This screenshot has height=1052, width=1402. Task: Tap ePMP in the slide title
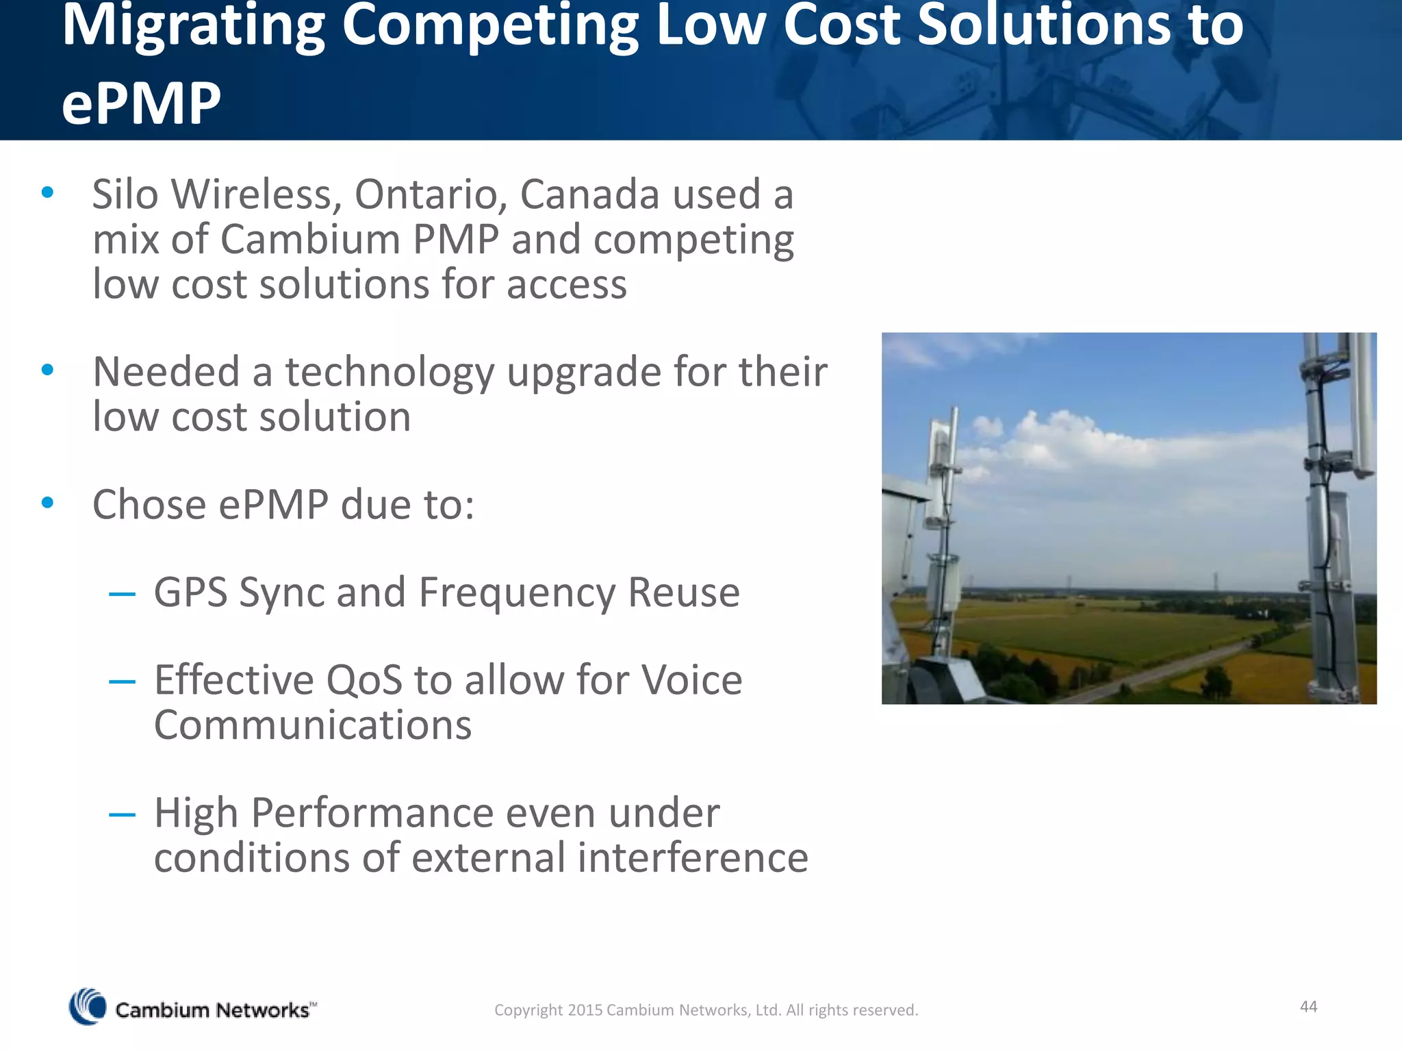[141, 104]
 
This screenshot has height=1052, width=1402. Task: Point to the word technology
[389, 373]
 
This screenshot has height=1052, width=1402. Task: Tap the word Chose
[149, 505]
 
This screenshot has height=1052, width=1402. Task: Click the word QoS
[364, 681]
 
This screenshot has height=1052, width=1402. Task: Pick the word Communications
[313, 726]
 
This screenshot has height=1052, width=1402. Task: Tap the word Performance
[372, 814]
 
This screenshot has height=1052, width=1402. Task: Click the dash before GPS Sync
[122, 594]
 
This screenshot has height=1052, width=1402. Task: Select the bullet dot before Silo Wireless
[47, 193]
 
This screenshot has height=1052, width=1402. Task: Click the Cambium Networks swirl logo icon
[88, 1007]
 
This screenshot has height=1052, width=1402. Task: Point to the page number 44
[1308, 1006]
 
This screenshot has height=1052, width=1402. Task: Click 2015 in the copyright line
[584, 1010]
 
